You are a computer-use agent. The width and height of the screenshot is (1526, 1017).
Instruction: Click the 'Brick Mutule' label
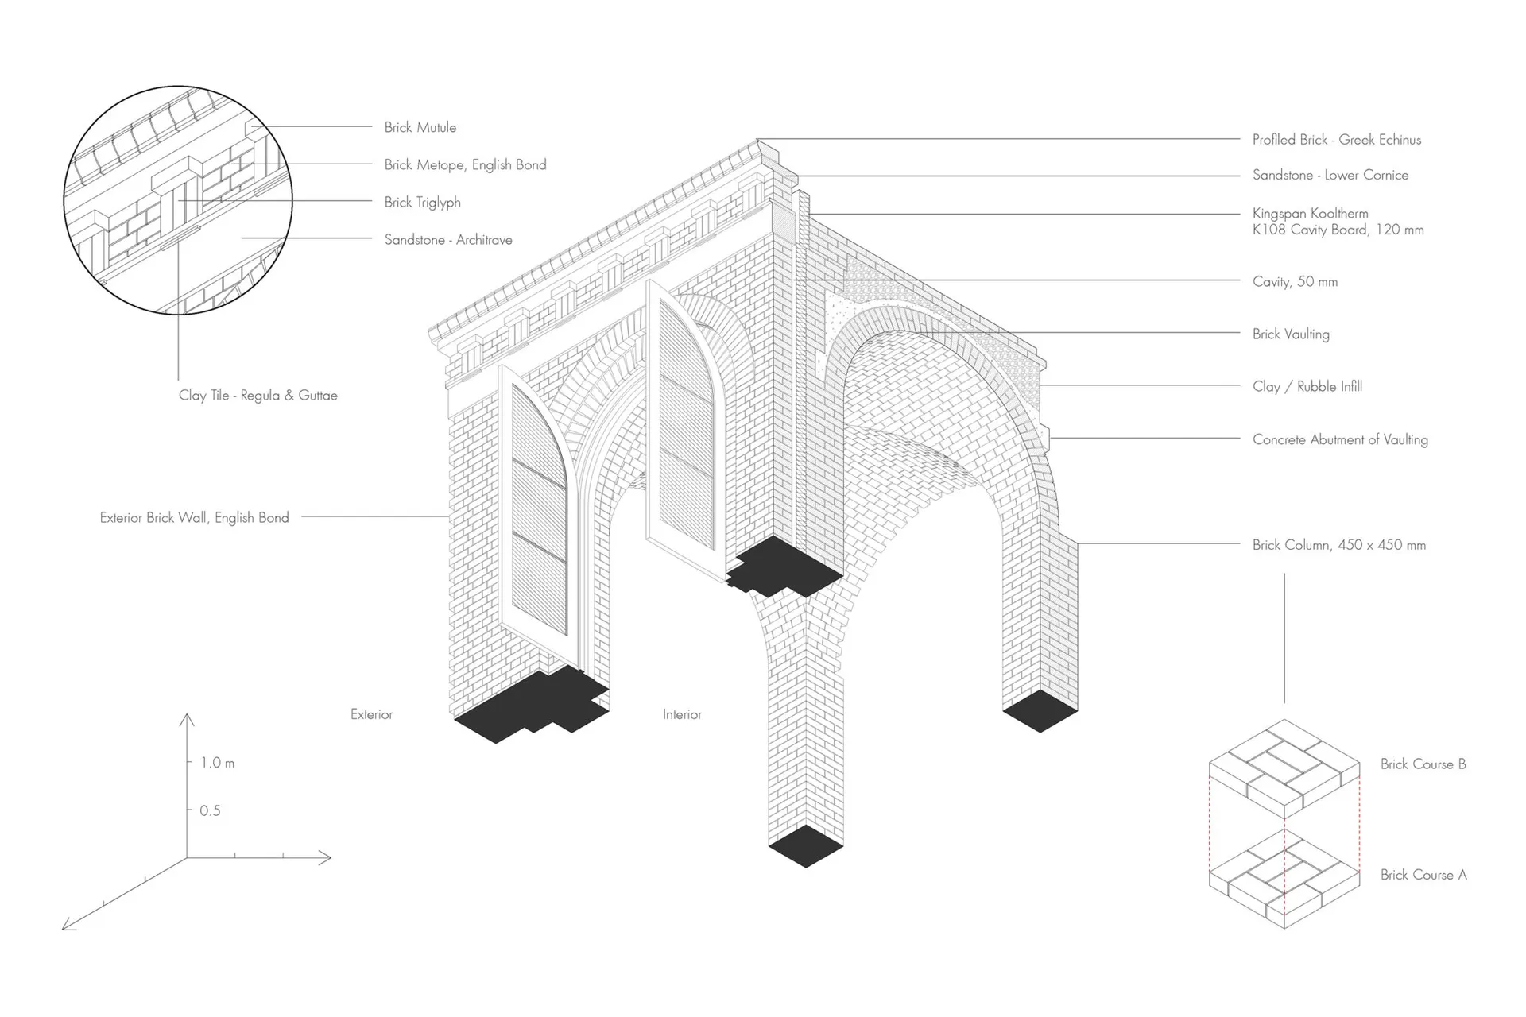(420, 127)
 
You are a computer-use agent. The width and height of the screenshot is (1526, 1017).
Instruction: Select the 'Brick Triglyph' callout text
(422, 202)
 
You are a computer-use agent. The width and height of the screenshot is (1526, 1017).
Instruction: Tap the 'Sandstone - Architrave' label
(448, 239)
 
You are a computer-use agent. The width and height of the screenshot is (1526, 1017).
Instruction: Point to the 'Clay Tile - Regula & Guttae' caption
(258, 395)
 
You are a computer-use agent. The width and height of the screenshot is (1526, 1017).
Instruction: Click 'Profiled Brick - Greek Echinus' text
(1336, 140)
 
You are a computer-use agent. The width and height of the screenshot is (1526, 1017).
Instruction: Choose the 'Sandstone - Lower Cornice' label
(1330, 175)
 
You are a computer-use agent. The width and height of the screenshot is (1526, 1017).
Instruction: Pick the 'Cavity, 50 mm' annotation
(1295, 281)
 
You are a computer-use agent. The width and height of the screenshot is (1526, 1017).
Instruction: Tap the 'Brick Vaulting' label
(1291, 334)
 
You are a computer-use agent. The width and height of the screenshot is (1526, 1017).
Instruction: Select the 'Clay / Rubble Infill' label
(1307, 386)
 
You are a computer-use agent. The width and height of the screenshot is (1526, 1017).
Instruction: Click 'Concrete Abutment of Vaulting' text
(1340, 439)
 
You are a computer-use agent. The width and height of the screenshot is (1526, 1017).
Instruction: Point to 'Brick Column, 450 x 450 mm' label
(1338, 545)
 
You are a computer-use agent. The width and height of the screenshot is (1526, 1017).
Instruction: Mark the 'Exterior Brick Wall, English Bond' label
(194, 517)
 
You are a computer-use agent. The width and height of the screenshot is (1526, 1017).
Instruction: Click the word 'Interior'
(682, 714)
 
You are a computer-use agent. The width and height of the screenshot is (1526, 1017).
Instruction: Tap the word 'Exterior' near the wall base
(371, 714)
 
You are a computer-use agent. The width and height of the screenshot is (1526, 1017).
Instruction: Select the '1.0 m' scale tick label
(217, 763)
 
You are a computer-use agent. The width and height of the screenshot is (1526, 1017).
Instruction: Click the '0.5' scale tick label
(210, 810)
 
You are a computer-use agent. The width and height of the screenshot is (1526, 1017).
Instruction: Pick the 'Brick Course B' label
(1423, 764)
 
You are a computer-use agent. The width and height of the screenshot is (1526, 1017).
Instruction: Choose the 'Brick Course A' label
(1423, 875)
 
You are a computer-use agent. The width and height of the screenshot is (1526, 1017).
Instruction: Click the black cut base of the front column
(805, 845)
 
